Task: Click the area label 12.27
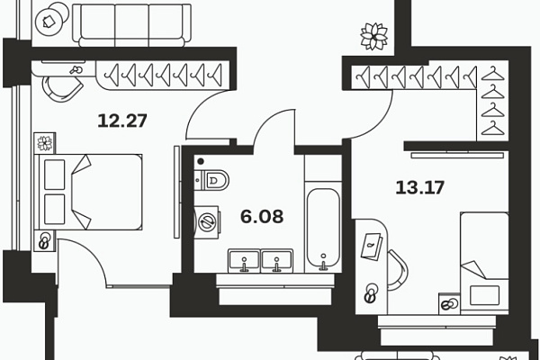pos(122,121)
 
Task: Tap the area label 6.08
pos(262,217)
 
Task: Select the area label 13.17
pos(419,188)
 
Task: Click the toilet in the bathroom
pos(211,180)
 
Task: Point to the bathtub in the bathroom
pos(323,229)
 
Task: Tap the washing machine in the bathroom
pos(207,222)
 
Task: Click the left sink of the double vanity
pos(244,260)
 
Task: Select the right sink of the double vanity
pos(277,260)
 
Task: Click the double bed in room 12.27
pos(88,192)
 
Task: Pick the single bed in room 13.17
pos(484,263)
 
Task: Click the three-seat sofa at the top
pos(131,25)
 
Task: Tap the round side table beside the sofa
pos(51,19)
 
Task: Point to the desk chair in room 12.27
pos(62,89)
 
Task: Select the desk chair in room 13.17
pos(398,270)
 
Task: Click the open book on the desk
pos(371,246)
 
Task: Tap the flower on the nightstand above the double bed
pos(45,143)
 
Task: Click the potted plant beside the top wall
pos(373,36)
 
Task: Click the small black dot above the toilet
pos(201,161)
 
